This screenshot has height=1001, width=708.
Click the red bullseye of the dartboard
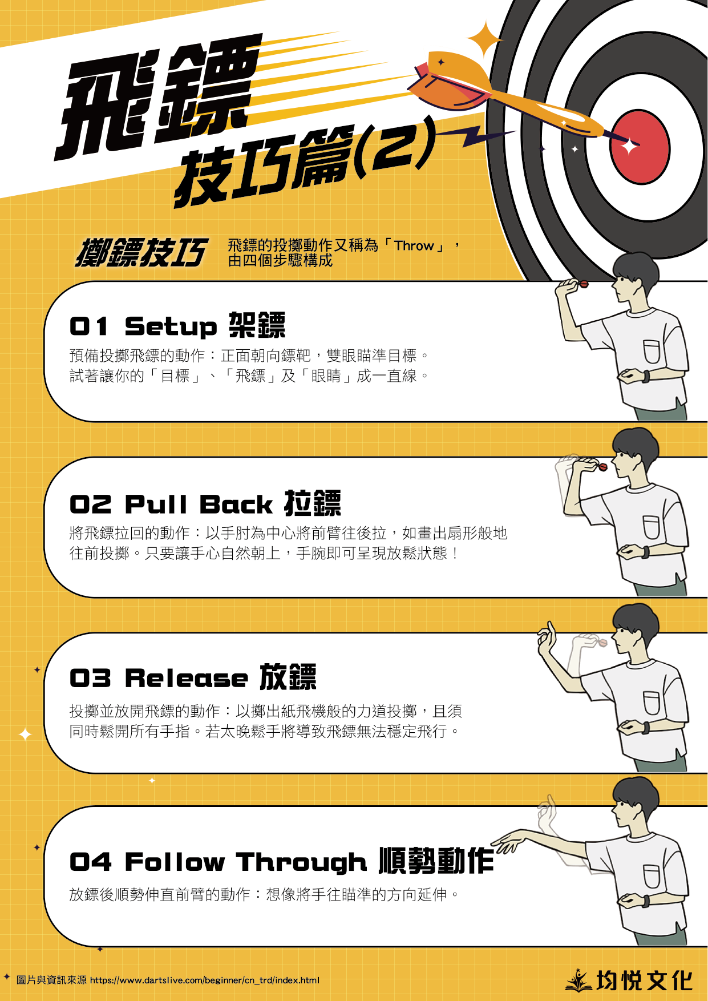(640, 147)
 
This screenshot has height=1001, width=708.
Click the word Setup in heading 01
(171, 327)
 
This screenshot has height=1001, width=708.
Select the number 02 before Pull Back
(90, 504)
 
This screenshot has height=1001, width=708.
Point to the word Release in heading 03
(187, 679)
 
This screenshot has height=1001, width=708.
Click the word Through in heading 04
(301, 863)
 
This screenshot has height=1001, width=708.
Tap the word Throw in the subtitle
(414, 246)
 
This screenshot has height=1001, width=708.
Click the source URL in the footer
(205, 980)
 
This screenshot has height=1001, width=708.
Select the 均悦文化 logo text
(644, 980)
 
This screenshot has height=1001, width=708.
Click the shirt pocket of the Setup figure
(652, 352)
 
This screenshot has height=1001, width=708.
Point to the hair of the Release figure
(636, 617)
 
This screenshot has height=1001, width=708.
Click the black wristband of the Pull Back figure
(646, 552)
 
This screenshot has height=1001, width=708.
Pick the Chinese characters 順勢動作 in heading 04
(436, 861)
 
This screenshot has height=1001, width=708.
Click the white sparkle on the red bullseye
(629, 147)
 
